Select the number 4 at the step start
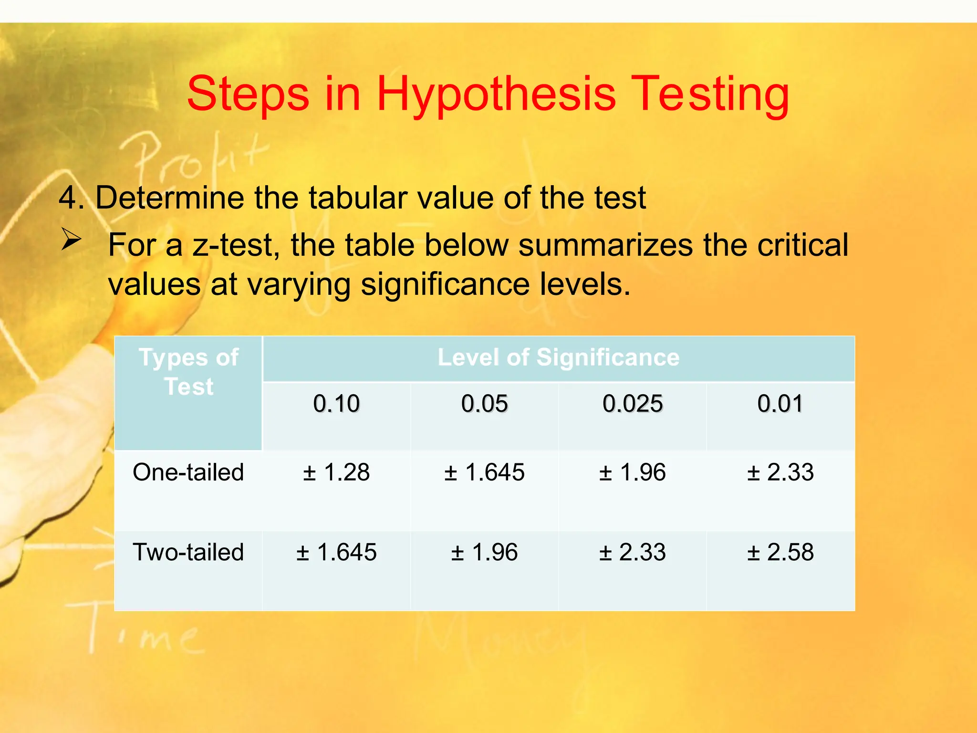[68, 198]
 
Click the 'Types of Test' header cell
[188, 372]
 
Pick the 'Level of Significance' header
[558, 357]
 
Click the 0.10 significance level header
[336, 404]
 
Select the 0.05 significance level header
[484, 404]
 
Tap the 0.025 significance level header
[633, 404]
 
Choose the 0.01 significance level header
[780, 404]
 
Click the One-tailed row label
[188, 472]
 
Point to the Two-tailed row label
[188, 552]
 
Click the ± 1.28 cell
[336, 472]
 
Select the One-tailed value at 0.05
[484, 472]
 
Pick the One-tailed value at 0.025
[633, 472]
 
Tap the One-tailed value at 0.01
[780, 472]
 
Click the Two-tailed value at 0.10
[336, 552]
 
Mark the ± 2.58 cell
[780, 552]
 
